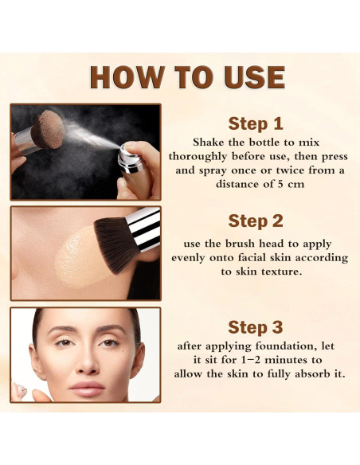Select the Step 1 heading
coord(255,123)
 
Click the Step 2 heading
coord(255,221)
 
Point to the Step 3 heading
coord(255,326)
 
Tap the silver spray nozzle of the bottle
coord(125,156)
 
